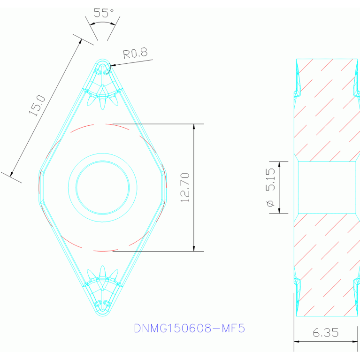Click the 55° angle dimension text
point(104,13)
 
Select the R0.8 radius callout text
point(135,54)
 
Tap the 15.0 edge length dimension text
point(37,105)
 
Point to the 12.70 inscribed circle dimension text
point(185,187)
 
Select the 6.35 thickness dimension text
point(325,333)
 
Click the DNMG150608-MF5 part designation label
point(189,328)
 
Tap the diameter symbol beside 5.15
point(271,204)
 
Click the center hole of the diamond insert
point(102,187)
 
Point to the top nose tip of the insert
point(102,61)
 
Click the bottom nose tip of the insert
point(102,314)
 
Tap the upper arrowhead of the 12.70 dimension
point(194,127)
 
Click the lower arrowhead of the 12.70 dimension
point(194,248)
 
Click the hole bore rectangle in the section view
point(327,187)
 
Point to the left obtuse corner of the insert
point(40,187)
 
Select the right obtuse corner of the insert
point(165,187)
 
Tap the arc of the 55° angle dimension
point(103,22)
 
